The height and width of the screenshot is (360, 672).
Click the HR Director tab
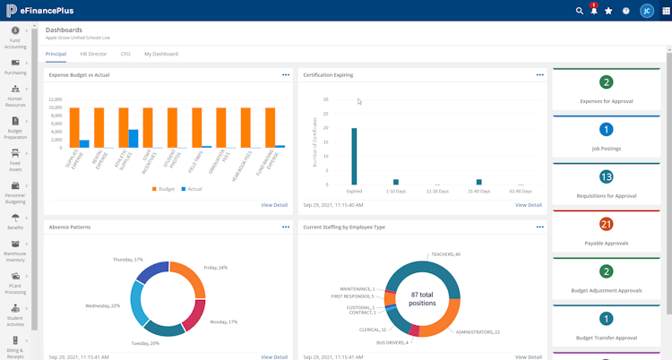click(x=93, y=54)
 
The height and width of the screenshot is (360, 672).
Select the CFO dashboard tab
click(x=125, y=54)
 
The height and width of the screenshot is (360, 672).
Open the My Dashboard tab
click(x=161, y=54)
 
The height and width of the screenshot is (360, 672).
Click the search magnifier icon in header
click(x=579, y=11)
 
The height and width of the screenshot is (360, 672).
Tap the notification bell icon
click(x=593, y=11)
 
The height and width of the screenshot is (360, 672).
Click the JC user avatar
click(x=645, y=11)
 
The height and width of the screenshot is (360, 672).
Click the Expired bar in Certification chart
click(x=354, y=156)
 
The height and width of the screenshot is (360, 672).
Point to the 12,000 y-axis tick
click(x=56, y=99)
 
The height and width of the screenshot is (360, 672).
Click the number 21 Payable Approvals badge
click(x=607, y=224)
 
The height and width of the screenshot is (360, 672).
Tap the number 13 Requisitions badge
click(x=607, y=176)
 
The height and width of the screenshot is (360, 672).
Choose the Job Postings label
click(x=607, y=149)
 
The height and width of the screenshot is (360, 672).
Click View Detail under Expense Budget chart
click(x=274, y=205)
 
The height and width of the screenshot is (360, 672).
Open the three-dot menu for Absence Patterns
click(x=286, y=227)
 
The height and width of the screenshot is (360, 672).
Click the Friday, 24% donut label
click(x=215, y=267)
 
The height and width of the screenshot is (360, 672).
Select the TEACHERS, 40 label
click(x=445, y=254)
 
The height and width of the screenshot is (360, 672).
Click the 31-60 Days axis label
click(x=479, y=191)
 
